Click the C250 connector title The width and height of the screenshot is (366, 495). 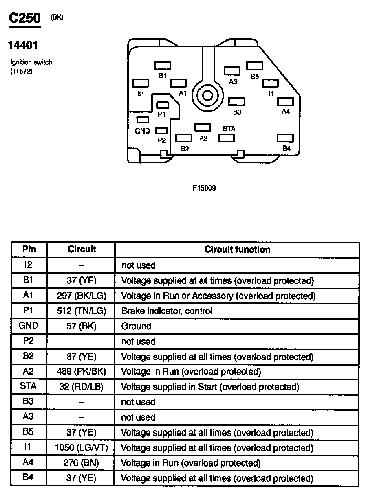25,19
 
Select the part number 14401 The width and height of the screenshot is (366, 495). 23,45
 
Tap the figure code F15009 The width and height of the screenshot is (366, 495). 204,188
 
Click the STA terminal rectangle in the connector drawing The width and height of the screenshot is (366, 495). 227,138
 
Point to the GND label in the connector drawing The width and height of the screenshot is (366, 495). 142,131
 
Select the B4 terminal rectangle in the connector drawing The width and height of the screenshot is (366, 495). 285,139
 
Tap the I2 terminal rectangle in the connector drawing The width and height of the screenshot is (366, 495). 141,83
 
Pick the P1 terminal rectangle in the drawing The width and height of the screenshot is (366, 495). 163,105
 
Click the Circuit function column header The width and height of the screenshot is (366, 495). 237,250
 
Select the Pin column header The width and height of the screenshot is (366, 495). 29,249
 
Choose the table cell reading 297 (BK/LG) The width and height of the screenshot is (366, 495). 82,296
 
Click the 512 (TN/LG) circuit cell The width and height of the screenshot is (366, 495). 82,311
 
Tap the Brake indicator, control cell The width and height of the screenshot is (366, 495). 167,311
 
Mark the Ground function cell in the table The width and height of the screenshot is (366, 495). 136,326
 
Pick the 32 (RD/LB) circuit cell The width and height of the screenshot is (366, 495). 82,387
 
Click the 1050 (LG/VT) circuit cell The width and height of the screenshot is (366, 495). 82,448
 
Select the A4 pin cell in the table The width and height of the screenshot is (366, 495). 29,462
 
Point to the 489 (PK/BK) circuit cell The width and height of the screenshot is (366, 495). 82,372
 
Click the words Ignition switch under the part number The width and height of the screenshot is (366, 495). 31,62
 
